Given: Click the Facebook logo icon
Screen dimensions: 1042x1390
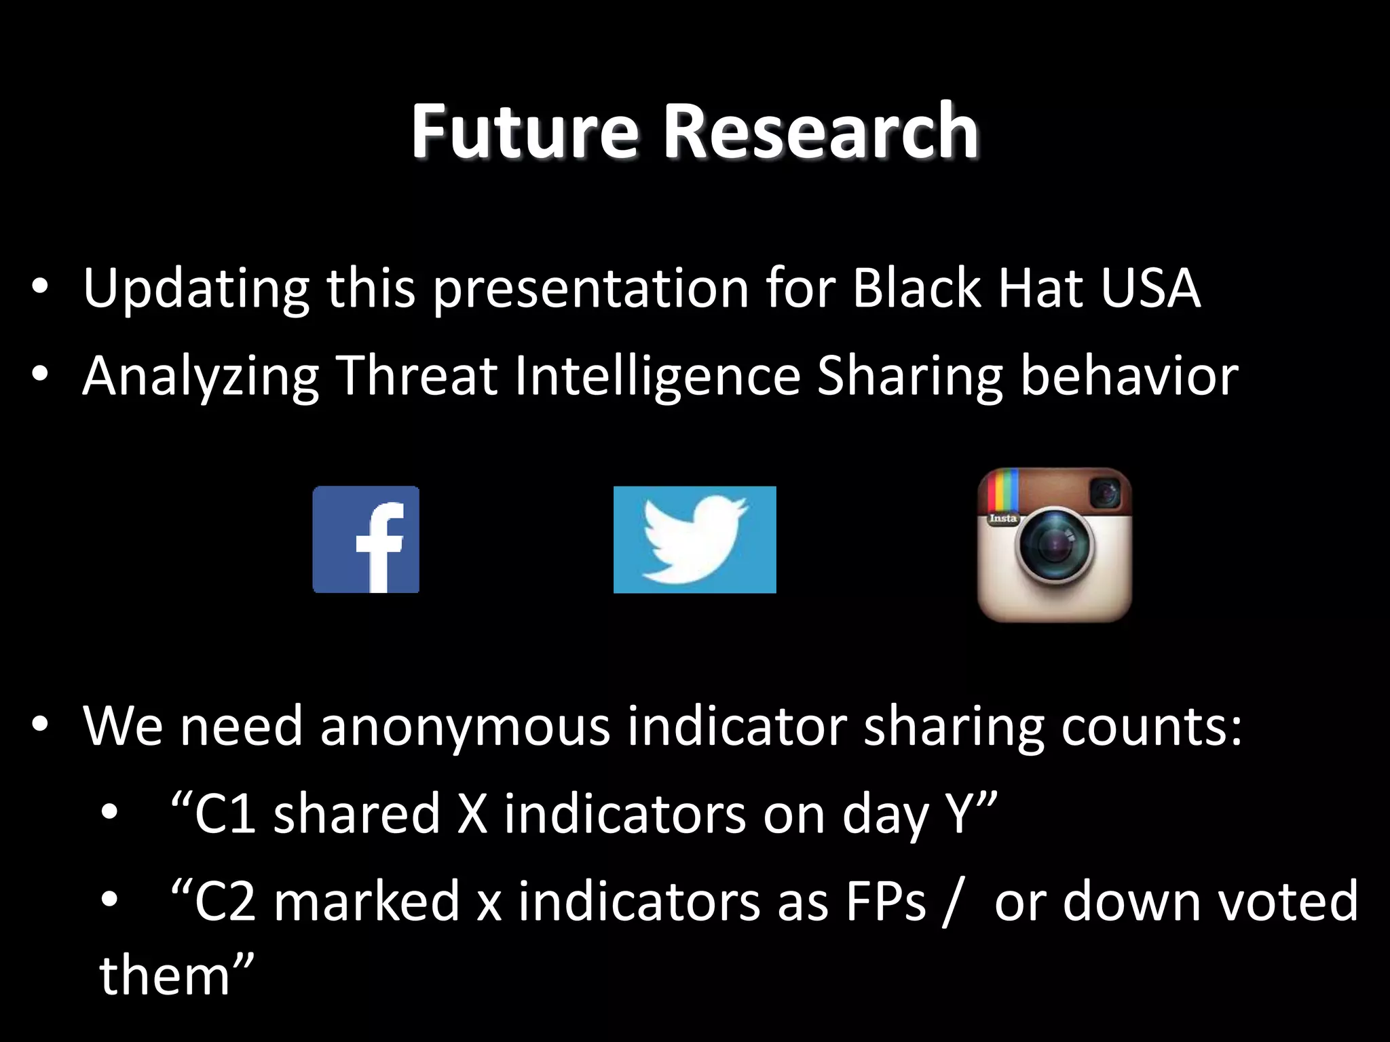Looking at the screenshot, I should pyautogui.click(x=366, y=539).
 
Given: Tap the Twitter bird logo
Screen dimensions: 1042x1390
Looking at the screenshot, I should pyautogui.click(x=694, y=539).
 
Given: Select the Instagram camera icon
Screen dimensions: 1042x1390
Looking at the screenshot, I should pyautogui.click(x=1054, y=545).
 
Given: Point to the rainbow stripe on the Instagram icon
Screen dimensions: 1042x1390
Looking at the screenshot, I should pyautogui.click(x=1003, y=491).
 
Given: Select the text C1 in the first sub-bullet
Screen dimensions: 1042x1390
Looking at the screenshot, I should pyautogui.click(x=225, y=814).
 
